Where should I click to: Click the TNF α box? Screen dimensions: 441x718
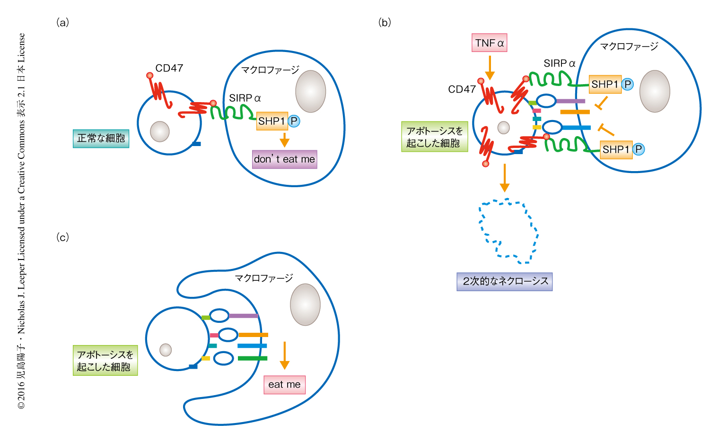[490, 43]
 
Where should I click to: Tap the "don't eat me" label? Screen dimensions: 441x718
[284, 159]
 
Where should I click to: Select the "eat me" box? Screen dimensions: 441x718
[284, 385]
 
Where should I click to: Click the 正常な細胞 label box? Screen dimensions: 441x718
[101, 138]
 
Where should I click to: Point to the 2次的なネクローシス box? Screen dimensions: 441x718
[505, 281]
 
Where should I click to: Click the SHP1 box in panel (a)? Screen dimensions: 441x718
[271, 121]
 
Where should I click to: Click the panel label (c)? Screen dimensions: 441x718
[62, 237]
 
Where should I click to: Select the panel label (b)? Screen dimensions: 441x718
[385, 22]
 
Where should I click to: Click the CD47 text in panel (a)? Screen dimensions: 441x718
[169, 68]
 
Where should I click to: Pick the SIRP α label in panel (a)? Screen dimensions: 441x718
[245, 98]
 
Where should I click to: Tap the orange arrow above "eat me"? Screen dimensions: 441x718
[284, 355]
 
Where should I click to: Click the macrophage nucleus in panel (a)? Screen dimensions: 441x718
[311, 91]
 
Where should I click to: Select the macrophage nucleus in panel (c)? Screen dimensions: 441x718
[305, 304]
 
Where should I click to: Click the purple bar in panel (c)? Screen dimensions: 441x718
[243, 316]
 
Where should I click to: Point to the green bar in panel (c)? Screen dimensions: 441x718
[252, 358]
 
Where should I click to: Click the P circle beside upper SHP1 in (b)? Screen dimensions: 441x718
[627, 84]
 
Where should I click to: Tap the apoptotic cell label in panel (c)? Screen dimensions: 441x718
[105, 360]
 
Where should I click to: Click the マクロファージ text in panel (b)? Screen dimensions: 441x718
[629, 46]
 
